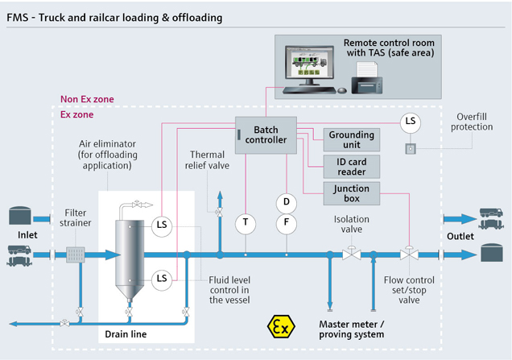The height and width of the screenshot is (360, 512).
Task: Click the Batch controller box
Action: [266, 135]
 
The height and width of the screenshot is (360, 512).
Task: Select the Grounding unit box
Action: [351, 139]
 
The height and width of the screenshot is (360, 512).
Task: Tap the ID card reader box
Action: [351, 167]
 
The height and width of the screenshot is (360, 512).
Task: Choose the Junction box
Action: [351, 193]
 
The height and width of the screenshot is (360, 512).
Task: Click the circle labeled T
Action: [246, 224]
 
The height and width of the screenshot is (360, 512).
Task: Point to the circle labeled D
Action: [287, 203]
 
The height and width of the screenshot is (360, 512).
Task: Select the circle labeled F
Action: [287, 224]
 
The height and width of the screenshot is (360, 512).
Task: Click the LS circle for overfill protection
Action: [410, 122]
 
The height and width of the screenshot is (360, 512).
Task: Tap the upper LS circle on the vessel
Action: [162, 226]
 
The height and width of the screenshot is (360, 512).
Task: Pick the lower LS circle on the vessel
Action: [162, 280]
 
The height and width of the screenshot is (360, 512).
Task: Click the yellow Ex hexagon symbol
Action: [281, 326]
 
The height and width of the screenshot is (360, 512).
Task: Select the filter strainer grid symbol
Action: [76, 254]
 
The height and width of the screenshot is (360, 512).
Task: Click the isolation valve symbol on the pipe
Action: [351, 253]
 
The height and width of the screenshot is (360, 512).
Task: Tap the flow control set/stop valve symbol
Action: [409, 253]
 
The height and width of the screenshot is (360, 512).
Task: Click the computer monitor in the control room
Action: [309, 64]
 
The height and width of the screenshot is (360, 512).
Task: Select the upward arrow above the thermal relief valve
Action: [220, 200]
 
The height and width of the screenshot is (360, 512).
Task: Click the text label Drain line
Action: [126, 334]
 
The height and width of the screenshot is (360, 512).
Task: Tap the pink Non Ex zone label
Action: [87, 99]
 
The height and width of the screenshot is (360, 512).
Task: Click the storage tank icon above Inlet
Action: [20, 215]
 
